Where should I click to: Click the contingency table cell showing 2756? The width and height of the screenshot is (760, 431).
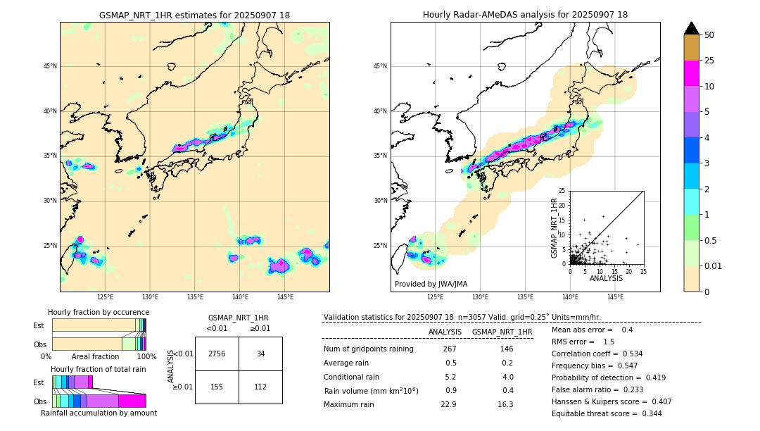point(217,354)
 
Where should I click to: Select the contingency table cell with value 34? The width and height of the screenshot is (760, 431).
point(260,354)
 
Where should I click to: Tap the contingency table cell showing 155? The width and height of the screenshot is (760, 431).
point(217,387)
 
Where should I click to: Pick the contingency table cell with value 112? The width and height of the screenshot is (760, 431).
point(260,387)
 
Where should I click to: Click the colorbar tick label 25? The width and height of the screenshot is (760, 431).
point(709,61)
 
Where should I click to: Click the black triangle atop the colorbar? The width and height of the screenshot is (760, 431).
point(692,28)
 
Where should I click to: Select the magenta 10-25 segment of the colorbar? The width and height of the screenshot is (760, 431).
point(692,73)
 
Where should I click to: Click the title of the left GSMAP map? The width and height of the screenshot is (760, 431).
point(194,15)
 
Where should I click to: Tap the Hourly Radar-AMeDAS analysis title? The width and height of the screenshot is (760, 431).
point(525,15)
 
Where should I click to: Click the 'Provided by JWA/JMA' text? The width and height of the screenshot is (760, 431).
point(431,284)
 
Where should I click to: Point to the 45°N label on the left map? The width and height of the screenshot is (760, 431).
point(50,66)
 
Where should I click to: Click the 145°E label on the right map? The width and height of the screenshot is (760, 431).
point(615,297)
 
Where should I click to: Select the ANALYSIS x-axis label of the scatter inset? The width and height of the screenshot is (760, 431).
point(606,278)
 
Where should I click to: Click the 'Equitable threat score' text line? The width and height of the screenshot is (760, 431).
point(606,413)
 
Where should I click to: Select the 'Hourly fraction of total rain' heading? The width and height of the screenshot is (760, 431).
point(99,369)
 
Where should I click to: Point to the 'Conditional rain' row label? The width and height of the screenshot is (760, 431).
point(351,377)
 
